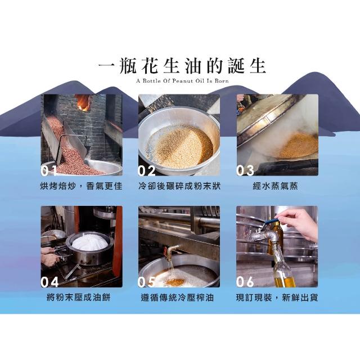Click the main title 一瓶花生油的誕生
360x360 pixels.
[x=182, y=66]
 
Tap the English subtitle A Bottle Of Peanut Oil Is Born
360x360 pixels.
[x=182, y=81]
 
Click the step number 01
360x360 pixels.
[x=49, y=170]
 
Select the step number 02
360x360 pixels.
[x=146, y=170]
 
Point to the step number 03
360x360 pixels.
[x=245, y=170]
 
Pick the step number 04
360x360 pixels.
[x=49, y=282]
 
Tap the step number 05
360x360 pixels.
[x=146, y=282]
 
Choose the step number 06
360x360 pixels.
[x=245, y=282]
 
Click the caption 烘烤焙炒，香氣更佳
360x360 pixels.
[x=81, y=186]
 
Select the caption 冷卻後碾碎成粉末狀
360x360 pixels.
[x=179, y=186]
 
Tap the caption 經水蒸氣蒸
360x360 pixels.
[x=275, y=186]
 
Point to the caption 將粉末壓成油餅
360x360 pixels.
[x=79, y=298]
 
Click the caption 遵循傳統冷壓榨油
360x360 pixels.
[x=177, y=298]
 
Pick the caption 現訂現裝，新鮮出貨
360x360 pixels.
[x=277, y=298]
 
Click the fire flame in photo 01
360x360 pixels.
[x=83, y=102]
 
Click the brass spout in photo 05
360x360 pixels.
[x=171, y=251]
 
